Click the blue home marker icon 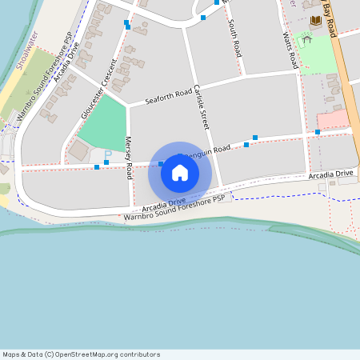[x=180, y=172]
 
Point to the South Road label [x=235, y=37]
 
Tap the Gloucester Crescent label [x=98, y=88]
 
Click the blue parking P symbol [x=108, y=154]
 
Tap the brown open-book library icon [x=314, y=20]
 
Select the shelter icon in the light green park [x=306, y=39]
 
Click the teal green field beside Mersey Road [x=103, y=124]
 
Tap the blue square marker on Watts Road [x=318, y=131]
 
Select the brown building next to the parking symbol [x=79, y=149]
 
